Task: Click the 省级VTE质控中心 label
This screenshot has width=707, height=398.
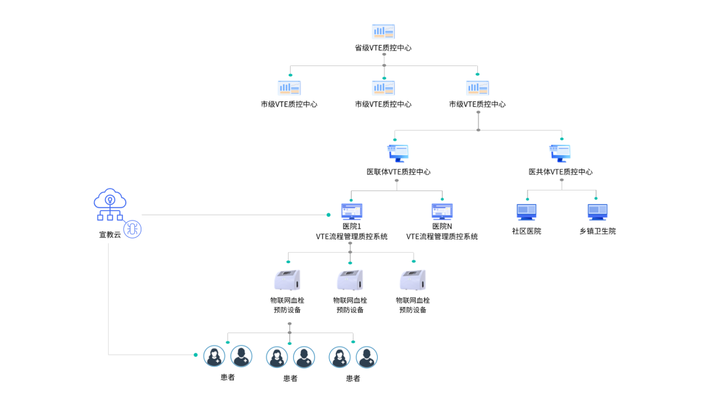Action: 383,48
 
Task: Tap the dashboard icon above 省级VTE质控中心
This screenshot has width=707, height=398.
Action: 383,31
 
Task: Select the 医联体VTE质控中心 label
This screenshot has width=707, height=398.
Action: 398,172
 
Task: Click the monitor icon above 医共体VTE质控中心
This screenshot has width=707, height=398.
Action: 560,153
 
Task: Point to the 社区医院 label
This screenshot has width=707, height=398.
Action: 526,231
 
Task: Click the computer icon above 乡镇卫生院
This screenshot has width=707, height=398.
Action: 597,211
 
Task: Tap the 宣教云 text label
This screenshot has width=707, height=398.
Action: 110,234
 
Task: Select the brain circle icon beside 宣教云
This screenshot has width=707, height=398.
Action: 133,229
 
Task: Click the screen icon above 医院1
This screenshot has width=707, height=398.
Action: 352,211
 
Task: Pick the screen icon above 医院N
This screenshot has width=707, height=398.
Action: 442,211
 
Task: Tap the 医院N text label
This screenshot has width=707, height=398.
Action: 442,226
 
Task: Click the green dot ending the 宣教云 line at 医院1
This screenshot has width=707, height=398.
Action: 329,215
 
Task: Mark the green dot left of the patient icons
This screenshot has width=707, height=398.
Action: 195,355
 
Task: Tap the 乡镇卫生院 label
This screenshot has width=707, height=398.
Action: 597,231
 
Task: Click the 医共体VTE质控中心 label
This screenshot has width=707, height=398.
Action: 560,172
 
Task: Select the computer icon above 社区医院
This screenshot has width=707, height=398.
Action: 526,211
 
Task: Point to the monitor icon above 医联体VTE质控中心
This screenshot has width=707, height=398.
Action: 398,153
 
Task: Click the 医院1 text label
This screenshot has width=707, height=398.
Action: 352,226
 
